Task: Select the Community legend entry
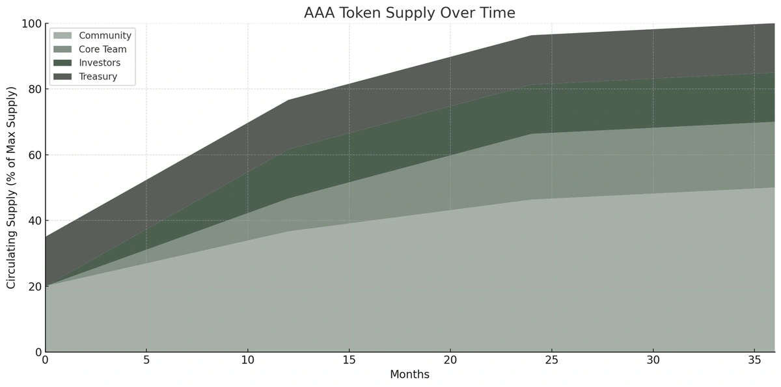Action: [x=105, y=36]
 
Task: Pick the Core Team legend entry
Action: [x=102, y=49]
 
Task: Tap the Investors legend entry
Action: [x=99, y=63]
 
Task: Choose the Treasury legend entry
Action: [x=98, y=77]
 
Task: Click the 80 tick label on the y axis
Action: [x=34, y=89]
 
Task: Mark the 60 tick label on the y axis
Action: [x=34, y=155]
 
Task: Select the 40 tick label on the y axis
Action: [x=34, y=220]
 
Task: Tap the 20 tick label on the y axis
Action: [x=34, y=286]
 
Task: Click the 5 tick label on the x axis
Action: [x=146, y=360]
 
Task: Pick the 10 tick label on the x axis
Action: [x=248, y=360]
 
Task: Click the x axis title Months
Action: [x=409, y=375]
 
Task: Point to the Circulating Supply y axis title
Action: [x=11, y=187]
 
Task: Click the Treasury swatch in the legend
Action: [x=62, y=77]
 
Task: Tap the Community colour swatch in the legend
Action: [x=62, y=36]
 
